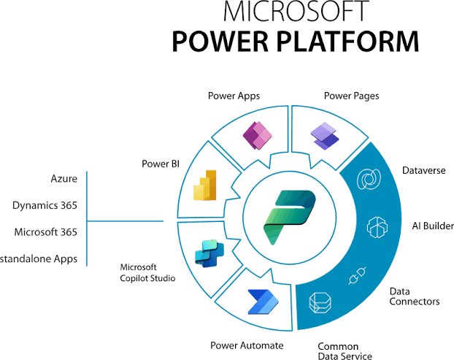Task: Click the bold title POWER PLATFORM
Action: [x=296, y=42]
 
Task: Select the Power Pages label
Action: [x=350, y=95]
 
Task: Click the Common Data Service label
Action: [x=345, y=350]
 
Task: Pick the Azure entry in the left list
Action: [x=64, y=178]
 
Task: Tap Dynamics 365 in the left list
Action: [x=45, y=205]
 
